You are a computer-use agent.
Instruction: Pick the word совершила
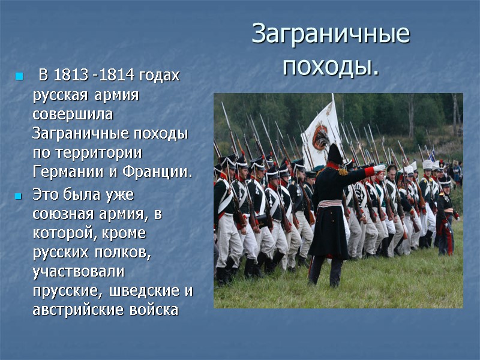pyautogui.click(x=73, y=114)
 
